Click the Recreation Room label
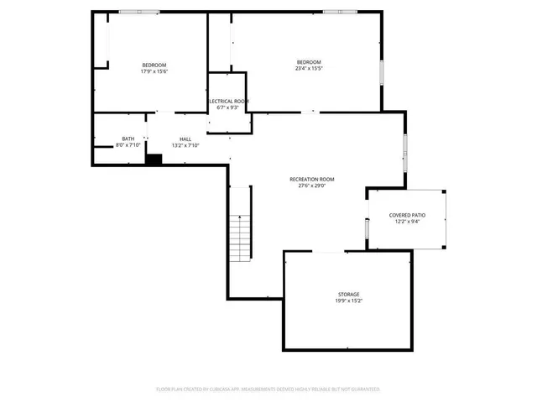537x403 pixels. tap(312, 179)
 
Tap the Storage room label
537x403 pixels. tap(348, 294)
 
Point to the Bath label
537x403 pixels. tap(128, 139)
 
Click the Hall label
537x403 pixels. tap(185, 139)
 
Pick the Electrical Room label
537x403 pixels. tap(227, 101)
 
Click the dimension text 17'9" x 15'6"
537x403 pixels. tap(154, 72)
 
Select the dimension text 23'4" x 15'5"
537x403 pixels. tap(308, 69)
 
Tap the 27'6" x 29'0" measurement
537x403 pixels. tap(312, 186)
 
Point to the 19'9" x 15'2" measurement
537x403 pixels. tap(348, 301)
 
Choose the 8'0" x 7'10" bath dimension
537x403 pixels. tap(128, 145)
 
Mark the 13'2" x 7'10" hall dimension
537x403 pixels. tap(185, 145)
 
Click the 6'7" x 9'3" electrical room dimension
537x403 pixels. tap(227, 107)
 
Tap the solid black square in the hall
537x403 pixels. tap(154, 159)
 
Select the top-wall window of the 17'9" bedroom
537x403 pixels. tap(138, 12)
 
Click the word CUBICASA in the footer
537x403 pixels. tap(239, 389)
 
